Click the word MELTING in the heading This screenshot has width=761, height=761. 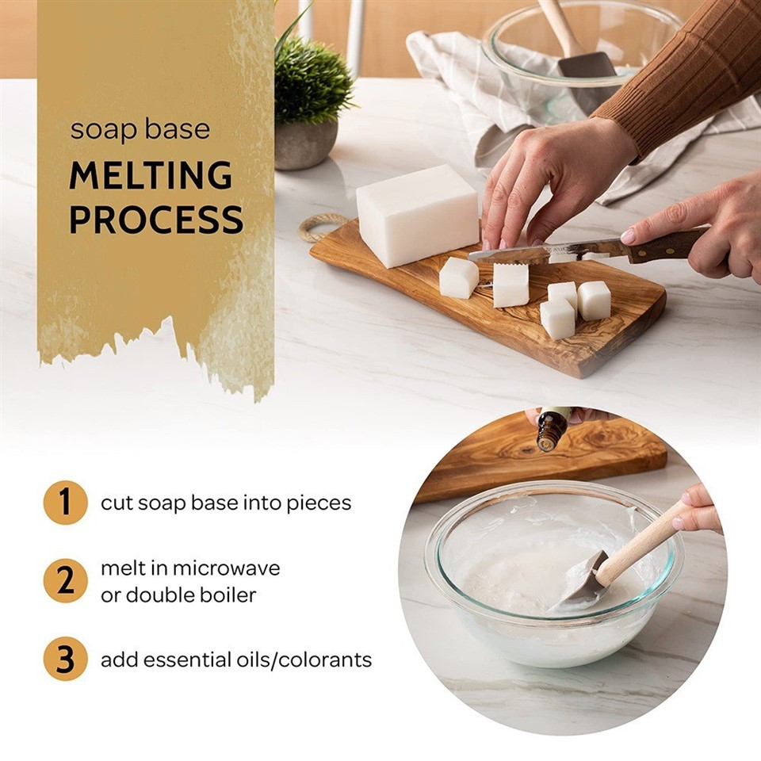[x=151, y=176]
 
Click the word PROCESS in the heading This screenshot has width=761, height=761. [x=156, y=220]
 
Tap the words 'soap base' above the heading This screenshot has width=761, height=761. [x=140, y=129]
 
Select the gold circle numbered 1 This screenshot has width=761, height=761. [x=65, y=503]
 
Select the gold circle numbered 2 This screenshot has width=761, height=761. [x=65, y=580]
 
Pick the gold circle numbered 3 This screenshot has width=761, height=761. [x=65, y=660]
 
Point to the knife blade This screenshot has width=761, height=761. [x=523, y=253]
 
